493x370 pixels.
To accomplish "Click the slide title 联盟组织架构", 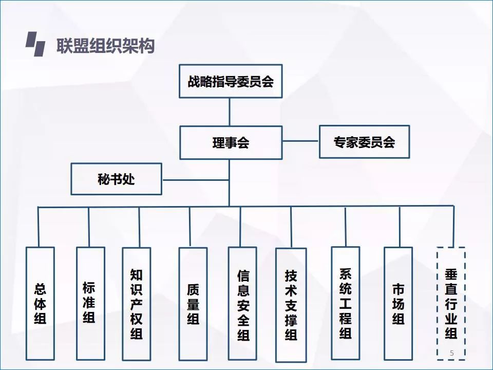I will click(105, 46).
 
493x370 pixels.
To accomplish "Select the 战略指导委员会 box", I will click(230, 81).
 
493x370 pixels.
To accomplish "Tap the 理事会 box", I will click(231, 142).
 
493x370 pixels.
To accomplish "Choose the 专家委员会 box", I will click(364, 141).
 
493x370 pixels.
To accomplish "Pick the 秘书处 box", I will click(116, 179).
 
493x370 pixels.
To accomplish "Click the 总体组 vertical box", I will click(40, 303).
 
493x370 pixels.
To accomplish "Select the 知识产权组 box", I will click(136, 304).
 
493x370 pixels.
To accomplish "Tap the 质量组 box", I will click(193, 304).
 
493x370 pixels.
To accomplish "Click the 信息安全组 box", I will click(242, 304).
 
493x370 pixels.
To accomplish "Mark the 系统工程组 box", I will click(345, 303).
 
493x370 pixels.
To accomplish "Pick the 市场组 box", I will click(398, 303).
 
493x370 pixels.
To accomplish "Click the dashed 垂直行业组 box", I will click(451, 303).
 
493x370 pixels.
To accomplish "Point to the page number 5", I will click(451, 353).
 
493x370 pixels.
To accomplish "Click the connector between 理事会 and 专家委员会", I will click(300, 141).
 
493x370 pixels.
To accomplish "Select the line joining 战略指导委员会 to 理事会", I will click(230, 112).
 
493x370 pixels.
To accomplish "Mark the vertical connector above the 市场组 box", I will click(400, 227).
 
